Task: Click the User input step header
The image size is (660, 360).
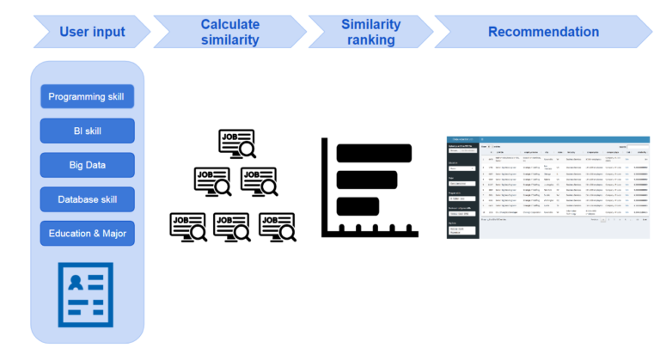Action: coord(92,32)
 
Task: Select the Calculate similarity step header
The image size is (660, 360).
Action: coord(229,32)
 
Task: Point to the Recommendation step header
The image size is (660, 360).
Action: coord(543,32)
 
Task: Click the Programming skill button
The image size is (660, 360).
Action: coord(87,96)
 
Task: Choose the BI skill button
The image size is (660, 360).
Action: coord(87,131)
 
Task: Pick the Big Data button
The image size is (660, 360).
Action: coord(87,165)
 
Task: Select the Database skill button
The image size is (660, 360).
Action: coord(87,199)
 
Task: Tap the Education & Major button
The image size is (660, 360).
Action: coord(87,233)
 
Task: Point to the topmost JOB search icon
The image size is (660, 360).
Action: coord(236,144)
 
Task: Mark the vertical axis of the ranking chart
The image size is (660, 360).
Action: coord(324,186)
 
